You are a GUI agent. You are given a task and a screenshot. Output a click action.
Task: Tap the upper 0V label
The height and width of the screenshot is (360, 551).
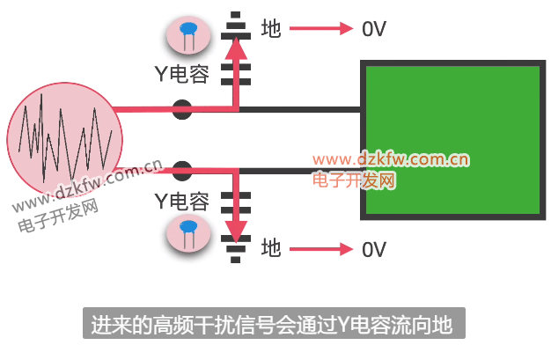coord(374,29)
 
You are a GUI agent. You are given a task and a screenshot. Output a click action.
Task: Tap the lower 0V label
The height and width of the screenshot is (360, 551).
coord(374,249)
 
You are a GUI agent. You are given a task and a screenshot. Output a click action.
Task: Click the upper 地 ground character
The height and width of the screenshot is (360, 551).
coord(271,29)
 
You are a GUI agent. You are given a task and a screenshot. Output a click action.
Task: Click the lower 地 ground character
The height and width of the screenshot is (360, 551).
coord(271,249)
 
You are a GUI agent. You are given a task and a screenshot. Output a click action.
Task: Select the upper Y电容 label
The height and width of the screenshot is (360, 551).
coord(182,74)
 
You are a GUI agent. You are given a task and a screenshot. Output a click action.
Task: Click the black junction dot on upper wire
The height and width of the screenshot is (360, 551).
coord(182,110)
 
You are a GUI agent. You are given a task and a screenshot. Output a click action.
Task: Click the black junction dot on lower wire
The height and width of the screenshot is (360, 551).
coord(182,171)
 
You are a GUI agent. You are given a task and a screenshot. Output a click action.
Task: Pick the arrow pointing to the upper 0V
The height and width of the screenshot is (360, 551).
coord(321,29)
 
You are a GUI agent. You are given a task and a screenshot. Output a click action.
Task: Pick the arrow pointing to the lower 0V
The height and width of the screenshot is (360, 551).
coord(321,249)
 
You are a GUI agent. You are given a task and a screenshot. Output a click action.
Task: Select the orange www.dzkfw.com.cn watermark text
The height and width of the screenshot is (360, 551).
coord(390,159)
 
